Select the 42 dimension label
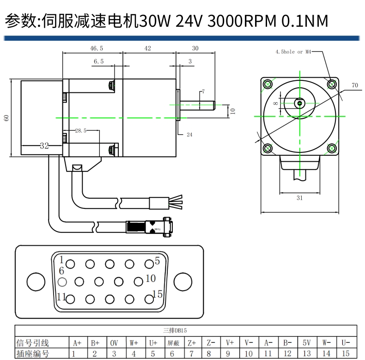(x=147, y=48)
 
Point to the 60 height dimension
(x=6, y=118)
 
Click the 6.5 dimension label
(x=98, y=61)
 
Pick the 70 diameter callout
(x=354, y=85)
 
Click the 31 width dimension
(x=299, y=198)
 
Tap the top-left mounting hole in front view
(x=268, y=84)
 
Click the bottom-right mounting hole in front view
(x=331, y=148)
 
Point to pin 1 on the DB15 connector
(x=70, y=264)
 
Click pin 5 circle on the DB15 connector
(x=149, y=264)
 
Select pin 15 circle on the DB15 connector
(x=149, y=299)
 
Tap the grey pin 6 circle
(x=63, y=281)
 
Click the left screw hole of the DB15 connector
(x=36, y=281)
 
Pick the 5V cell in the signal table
(x=307, y=343)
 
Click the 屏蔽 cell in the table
(x=173, y=343)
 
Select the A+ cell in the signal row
(x=77, y=343)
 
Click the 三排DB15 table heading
(x=175, y=330)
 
